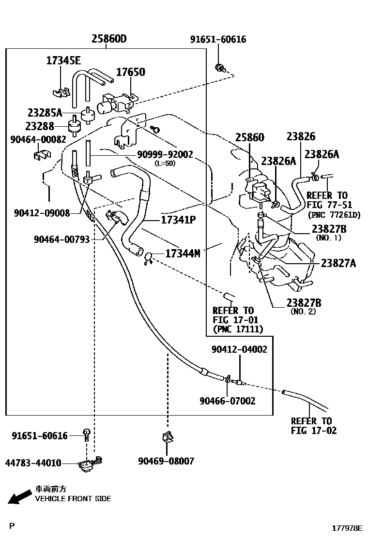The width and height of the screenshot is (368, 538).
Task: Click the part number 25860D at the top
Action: (x=109, y=39)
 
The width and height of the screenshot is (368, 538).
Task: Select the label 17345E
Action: (x=63, y=60)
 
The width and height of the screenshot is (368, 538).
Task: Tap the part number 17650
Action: (x=130, y=72)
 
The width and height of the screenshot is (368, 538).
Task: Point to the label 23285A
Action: (x=45, y=113)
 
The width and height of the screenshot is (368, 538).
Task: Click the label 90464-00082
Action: (x=38, y=139)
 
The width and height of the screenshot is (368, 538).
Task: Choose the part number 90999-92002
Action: (x=165, y=155)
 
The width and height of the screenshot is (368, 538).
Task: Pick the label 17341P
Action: (x=178, y=220)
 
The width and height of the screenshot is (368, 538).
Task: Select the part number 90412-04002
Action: (x=239, y=349)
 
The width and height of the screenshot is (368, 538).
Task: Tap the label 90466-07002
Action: (x=228, y=401)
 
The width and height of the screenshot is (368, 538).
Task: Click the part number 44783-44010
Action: (x=33, y=463)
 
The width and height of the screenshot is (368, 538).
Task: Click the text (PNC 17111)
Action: (x=238, y=329)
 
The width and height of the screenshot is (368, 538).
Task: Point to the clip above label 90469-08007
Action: (x=168, y=438)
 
